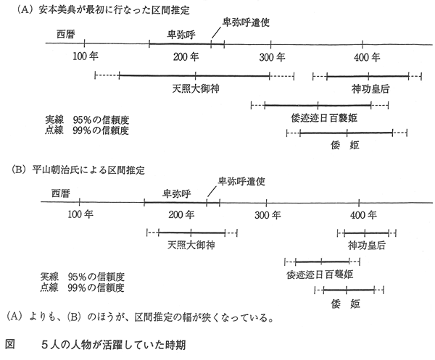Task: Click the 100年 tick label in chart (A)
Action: click(x=86, y=56)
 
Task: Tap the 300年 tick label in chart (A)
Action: click(x=272, y=57)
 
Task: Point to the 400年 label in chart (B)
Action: click(x=363, y=215)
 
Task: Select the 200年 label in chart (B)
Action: click(x=181, y=215)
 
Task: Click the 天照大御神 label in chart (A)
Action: click(x=196, y=88)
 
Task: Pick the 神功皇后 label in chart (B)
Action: click(x=367, y=246)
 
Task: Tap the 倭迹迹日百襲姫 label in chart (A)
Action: click(x=324, y=118)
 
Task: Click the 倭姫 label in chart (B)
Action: click(x=345, y=304)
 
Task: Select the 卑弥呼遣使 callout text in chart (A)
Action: click(x=246, y=22)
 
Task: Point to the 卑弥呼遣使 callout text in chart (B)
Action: click(x=241, y=181)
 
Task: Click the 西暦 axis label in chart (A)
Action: click(x=66, y=34)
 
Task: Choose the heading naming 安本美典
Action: click(x=104, y=10)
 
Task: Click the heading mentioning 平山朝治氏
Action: click(x=78, y=169)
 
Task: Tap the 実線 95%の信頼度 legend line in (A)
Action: click(x=87, y=120)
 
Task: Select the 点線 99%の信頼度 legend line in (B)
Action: click(x=82, y=288)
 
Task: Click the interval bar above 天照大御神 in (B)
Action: click(x=191, y=233)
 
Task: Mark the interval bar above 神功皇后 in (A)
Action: click(x=367, y=76)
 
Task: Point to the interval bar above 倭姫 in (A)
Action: click(x=347, y=133)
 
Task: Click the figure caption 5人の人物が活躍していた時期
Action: click(x=114, y=345)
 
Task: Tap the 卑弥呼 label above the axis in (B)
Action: click(x=177, y=193)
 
